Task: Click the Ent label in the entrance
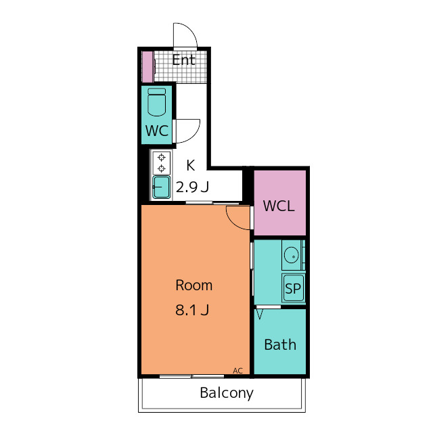pos(183,60)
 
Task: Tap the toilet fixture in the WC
pos(156,102)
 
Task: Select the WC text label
pos(157,131)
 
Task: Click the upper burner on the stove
pos(161,158)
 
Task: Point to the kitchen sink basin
pos(162,187)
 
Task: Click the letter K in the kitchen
pos(191,165)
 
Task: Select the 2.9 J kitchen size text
pos(192,187)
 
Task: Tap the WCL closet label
pos(279,206)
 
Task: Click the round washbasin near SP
pos(292,255)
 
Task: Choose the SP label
pos(293,289)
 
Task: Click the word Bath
pos(280,344)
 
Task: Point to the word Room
pos(194,286)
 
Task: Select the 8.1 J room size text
pos(192,310)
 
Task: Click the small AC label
pos(237,371)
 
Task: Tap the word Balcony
pos(227,393)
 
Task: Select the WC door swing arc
pos(194,135)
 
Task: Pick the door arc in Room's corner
pos(232,222)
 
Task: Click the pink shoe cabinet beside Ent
pos(147,67)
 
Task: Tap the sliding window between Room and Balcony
pos(191,376)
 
